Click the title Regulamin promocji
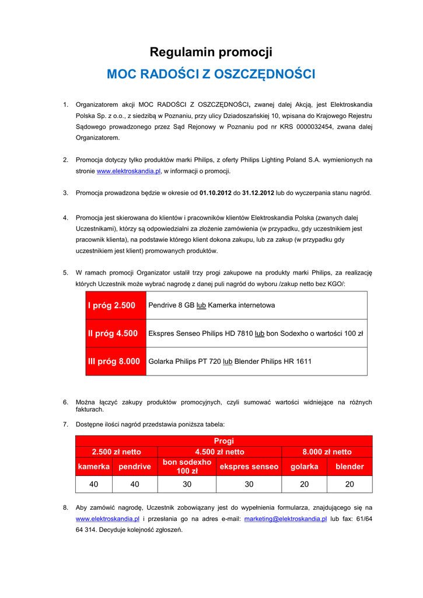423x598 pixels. point(211,53)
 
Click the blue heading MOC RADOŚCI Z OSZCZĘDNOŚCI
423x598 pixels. point(211,75)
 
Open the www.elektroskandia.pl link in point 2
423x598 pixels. point(128,171)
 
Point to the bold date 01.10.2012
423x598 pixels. point(215,193)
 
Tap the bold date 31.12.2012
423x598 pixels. point(258,193)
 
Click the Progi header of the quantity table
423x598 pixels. point(223,441)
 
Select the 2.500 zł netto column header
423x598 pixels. point(117,452)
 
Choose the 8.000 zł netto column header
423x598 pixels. point(327,452)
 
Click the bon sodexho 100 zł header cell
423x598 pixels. point(187,467)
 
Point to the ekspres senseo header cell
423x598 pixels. point(249,467)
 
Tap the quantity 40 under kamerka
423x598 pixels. point(93,484)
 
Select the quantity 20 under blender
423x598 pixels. point(349,484)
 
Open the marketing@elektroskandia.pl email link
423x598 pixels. point(285,519)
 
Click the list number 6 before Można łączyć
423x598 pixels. point(65,402)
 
